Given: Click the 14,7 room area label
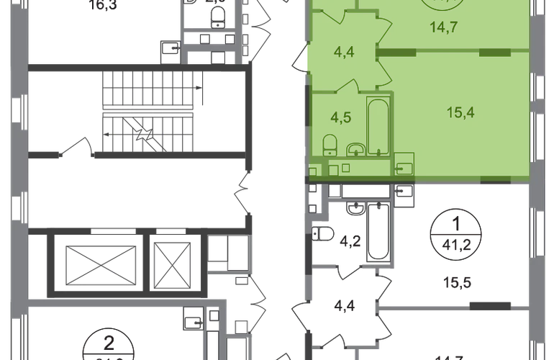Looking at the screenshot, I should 444,29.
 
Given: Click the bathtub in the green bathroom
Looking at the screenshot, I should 378,128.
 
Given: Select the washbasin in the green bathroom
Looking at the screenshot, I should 354,150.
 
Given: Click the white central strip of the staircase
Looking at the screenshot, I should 147,111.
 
